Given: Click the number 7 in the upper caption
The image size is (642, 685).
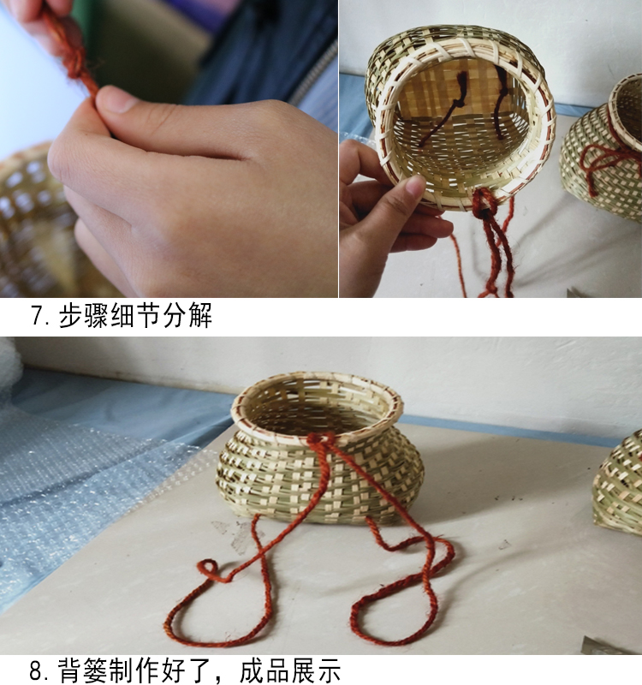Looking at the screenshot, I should [x=38, y=317].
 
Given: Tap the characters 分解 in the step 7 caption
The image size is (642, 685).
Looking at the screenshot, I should [x=186, y=317].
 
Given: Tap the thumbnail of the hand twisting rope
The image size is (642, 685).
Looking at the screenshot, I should [x=169, y=149].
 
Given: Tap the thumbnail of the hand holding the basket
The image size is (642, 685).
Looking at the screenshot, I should [x=490, y=149].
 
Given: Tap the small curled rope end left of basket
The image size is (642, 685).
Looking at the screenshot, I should [x=207, y=569].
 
